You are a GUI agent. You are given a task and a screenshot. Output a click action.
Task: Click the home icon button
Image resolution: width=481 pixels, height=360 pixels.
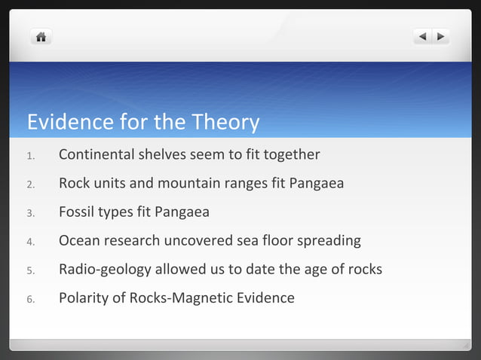coord(41,36)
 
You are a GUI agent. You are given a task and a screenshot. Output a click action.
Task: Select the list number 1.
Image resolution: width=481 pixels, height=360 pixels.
coord(30,156)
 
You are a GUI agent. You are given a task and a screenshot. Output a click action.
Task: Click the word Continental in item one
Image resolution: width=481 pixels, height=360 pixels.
coord(97,155)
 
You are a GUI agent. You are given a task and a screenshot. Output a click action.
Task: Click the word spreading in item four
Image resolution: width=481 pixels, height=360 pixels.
coord(328,242)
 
